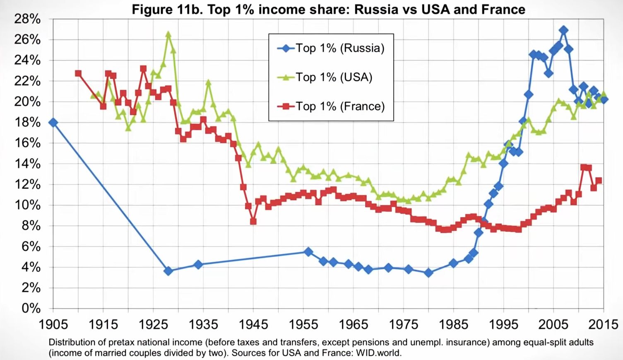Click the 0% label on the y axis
pyautogui.click(x=31, y=309)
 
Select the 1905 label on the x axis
pyautogui.click(x=53, y=324)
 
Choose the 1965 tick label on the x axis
pyautogui.click(x=353, y=324)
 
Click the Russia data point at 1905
pyautogui.click(x=53, y=123)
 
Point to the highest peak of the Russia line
pyautogui.click(x=563, y=30)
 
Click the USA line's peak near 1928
pyautogui.click(x=168, y=35)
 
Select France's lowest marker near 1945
pyautogui.click(x=253, y=222)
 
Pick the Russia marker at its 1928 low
pyautogui.click(x=168, y=271)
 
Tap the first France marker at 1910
pyautogui.click(x=78, y=74)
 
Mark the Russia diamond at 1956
pyautogui.click(x=308, y=251)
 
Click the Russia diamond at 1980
pyautogui.click(x=428, y=273)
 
